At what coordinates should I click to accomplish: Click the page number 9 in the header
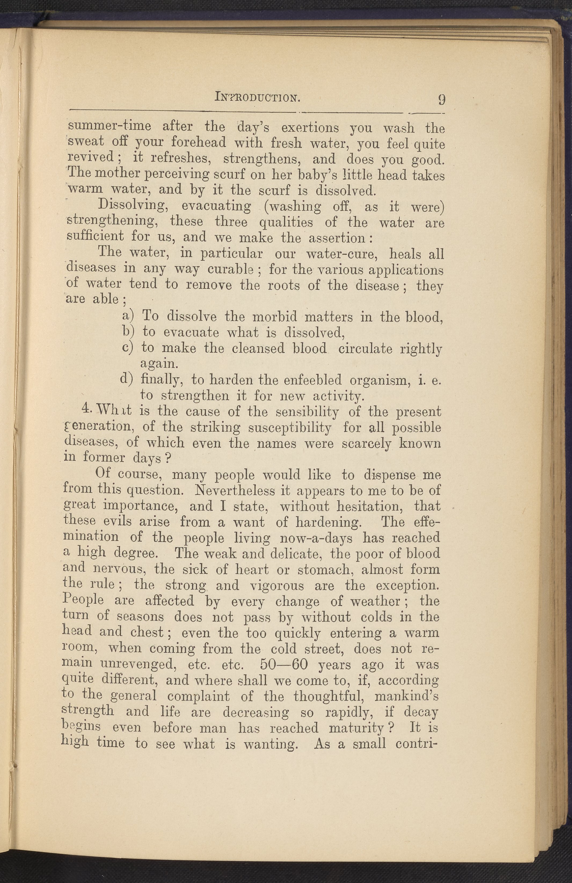point(441,100)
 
